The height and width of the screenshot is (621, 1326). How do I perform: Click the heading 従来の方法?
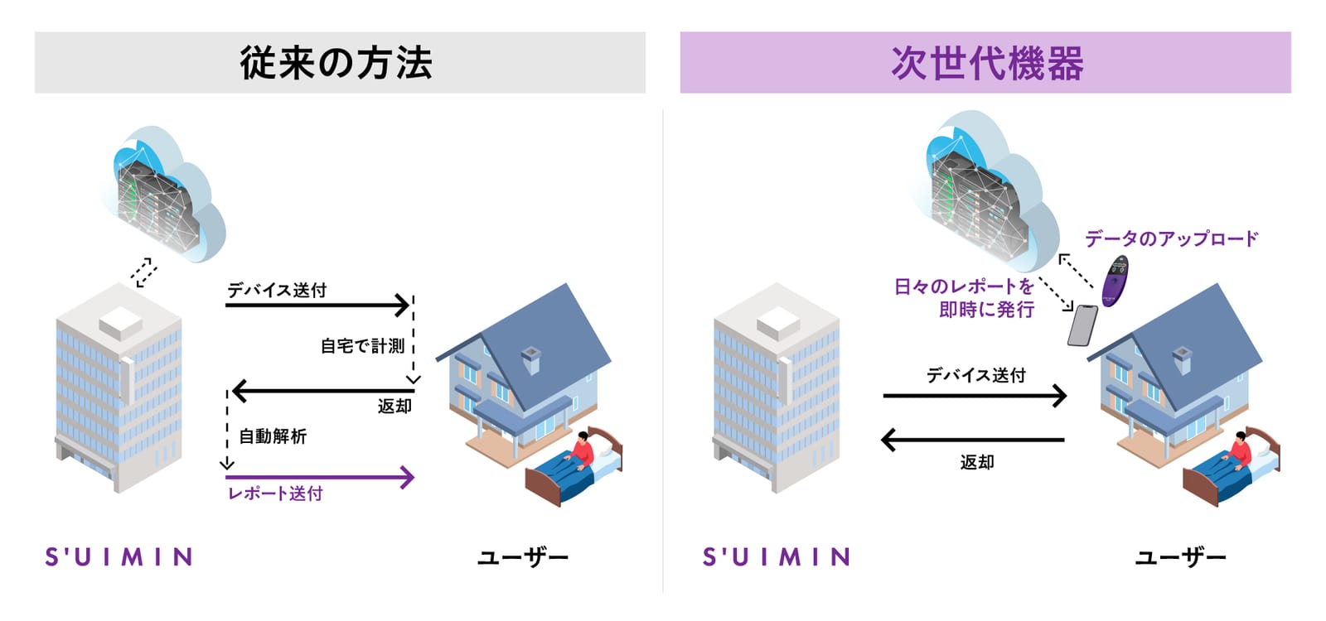point(336,63)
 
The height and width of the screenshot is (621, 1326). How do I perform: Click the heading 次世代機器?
point(987,63)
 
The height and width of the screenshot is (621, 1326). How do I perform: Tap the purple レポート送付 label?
point(275,493)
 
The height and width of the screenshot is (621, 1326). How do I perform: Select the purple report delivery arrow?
point(320,477)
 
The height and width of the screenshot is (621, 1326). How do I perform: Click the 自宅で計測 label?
point(362,346)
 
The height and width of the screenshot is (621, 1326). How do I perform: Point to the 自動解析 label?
point(273,436)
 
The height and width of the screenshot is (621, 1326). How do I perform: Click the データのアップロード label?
point(1171,239)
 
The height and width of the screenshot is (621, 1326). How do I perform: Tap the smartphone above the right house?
point(1082,325)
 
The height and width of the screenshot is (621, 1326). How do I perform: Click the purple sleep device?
point(1115,281)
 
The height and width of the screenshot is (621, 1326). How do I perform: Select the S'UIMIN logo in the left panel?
point(119,556)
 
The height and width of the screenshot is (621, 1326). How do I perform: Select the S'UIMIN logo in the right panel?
point(776,556)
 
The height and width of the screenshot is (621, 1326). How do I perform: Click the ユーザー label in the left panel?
point(523,557)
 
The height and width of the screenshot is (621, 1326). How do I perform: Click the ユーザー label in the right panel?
point(1180,557)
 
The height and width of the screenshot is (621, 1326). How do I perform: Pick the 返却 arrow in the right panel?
point(973,440)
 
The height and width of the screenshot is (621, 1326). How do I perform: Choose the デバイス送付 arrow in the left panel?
point(318,306)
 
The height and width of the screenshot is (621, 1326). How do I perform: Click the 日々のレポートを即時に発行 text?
point(965,297)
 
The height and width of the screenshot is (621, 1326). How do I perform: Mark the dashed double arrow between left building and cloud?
point(144,272)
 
